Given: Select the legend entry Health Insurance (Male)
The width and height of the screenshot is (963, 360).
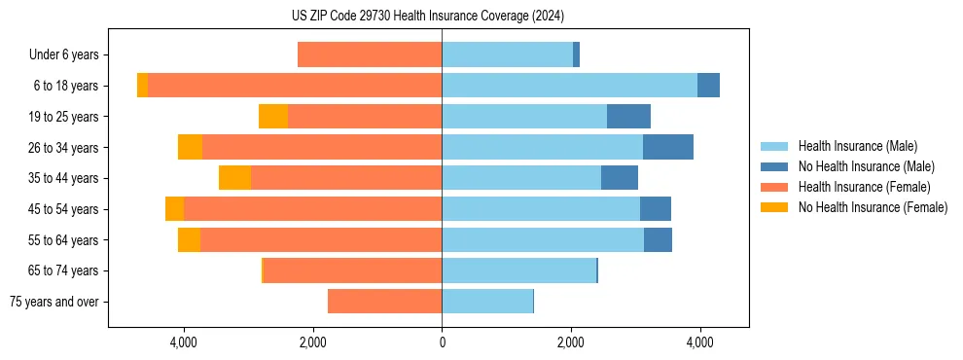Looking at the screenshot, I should (x=857, y=146).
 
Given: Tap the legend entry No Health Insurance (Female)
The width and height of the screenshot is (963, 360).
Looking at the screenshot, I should (x=873, y=207).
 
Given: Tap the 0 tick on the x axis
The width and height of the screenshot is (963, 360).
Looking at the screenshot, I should (x=442, y=342).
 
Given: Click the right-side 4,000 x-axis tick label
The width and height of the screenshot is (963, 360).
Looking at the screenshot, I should (x=699, y=342).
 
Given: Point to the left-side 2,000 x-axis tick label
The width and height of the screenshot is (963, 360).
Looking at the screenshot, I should (x=313, y=342).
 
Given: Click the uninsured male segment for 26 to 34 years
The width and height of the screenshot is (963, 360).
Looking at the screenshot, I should (x=668, y=147).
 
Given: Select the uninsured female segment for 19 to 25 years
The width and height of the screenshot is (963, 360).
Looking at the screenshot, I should (x=273, y=117).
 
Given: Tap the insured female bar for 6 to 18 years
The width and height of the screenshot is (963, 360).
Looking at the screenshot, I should (x=295, y=86).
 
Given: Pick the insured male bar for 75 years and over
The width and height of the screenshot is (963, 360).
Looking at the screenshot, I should (x=487, y=302).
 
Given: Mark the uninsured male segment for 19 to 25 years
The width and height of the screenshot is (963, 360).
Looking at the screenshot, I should (x=628, y=117).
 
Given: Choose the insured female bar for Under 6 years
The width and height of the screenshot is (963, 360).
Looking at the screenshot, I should (x=370, y=55).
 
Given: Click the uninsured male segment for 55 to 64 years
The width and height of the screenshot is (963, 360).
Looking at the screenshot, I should (x=658, y=239).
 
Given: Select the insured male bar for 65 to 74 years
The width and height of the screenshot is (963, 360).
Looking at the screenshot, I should (x=518, y=270).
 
